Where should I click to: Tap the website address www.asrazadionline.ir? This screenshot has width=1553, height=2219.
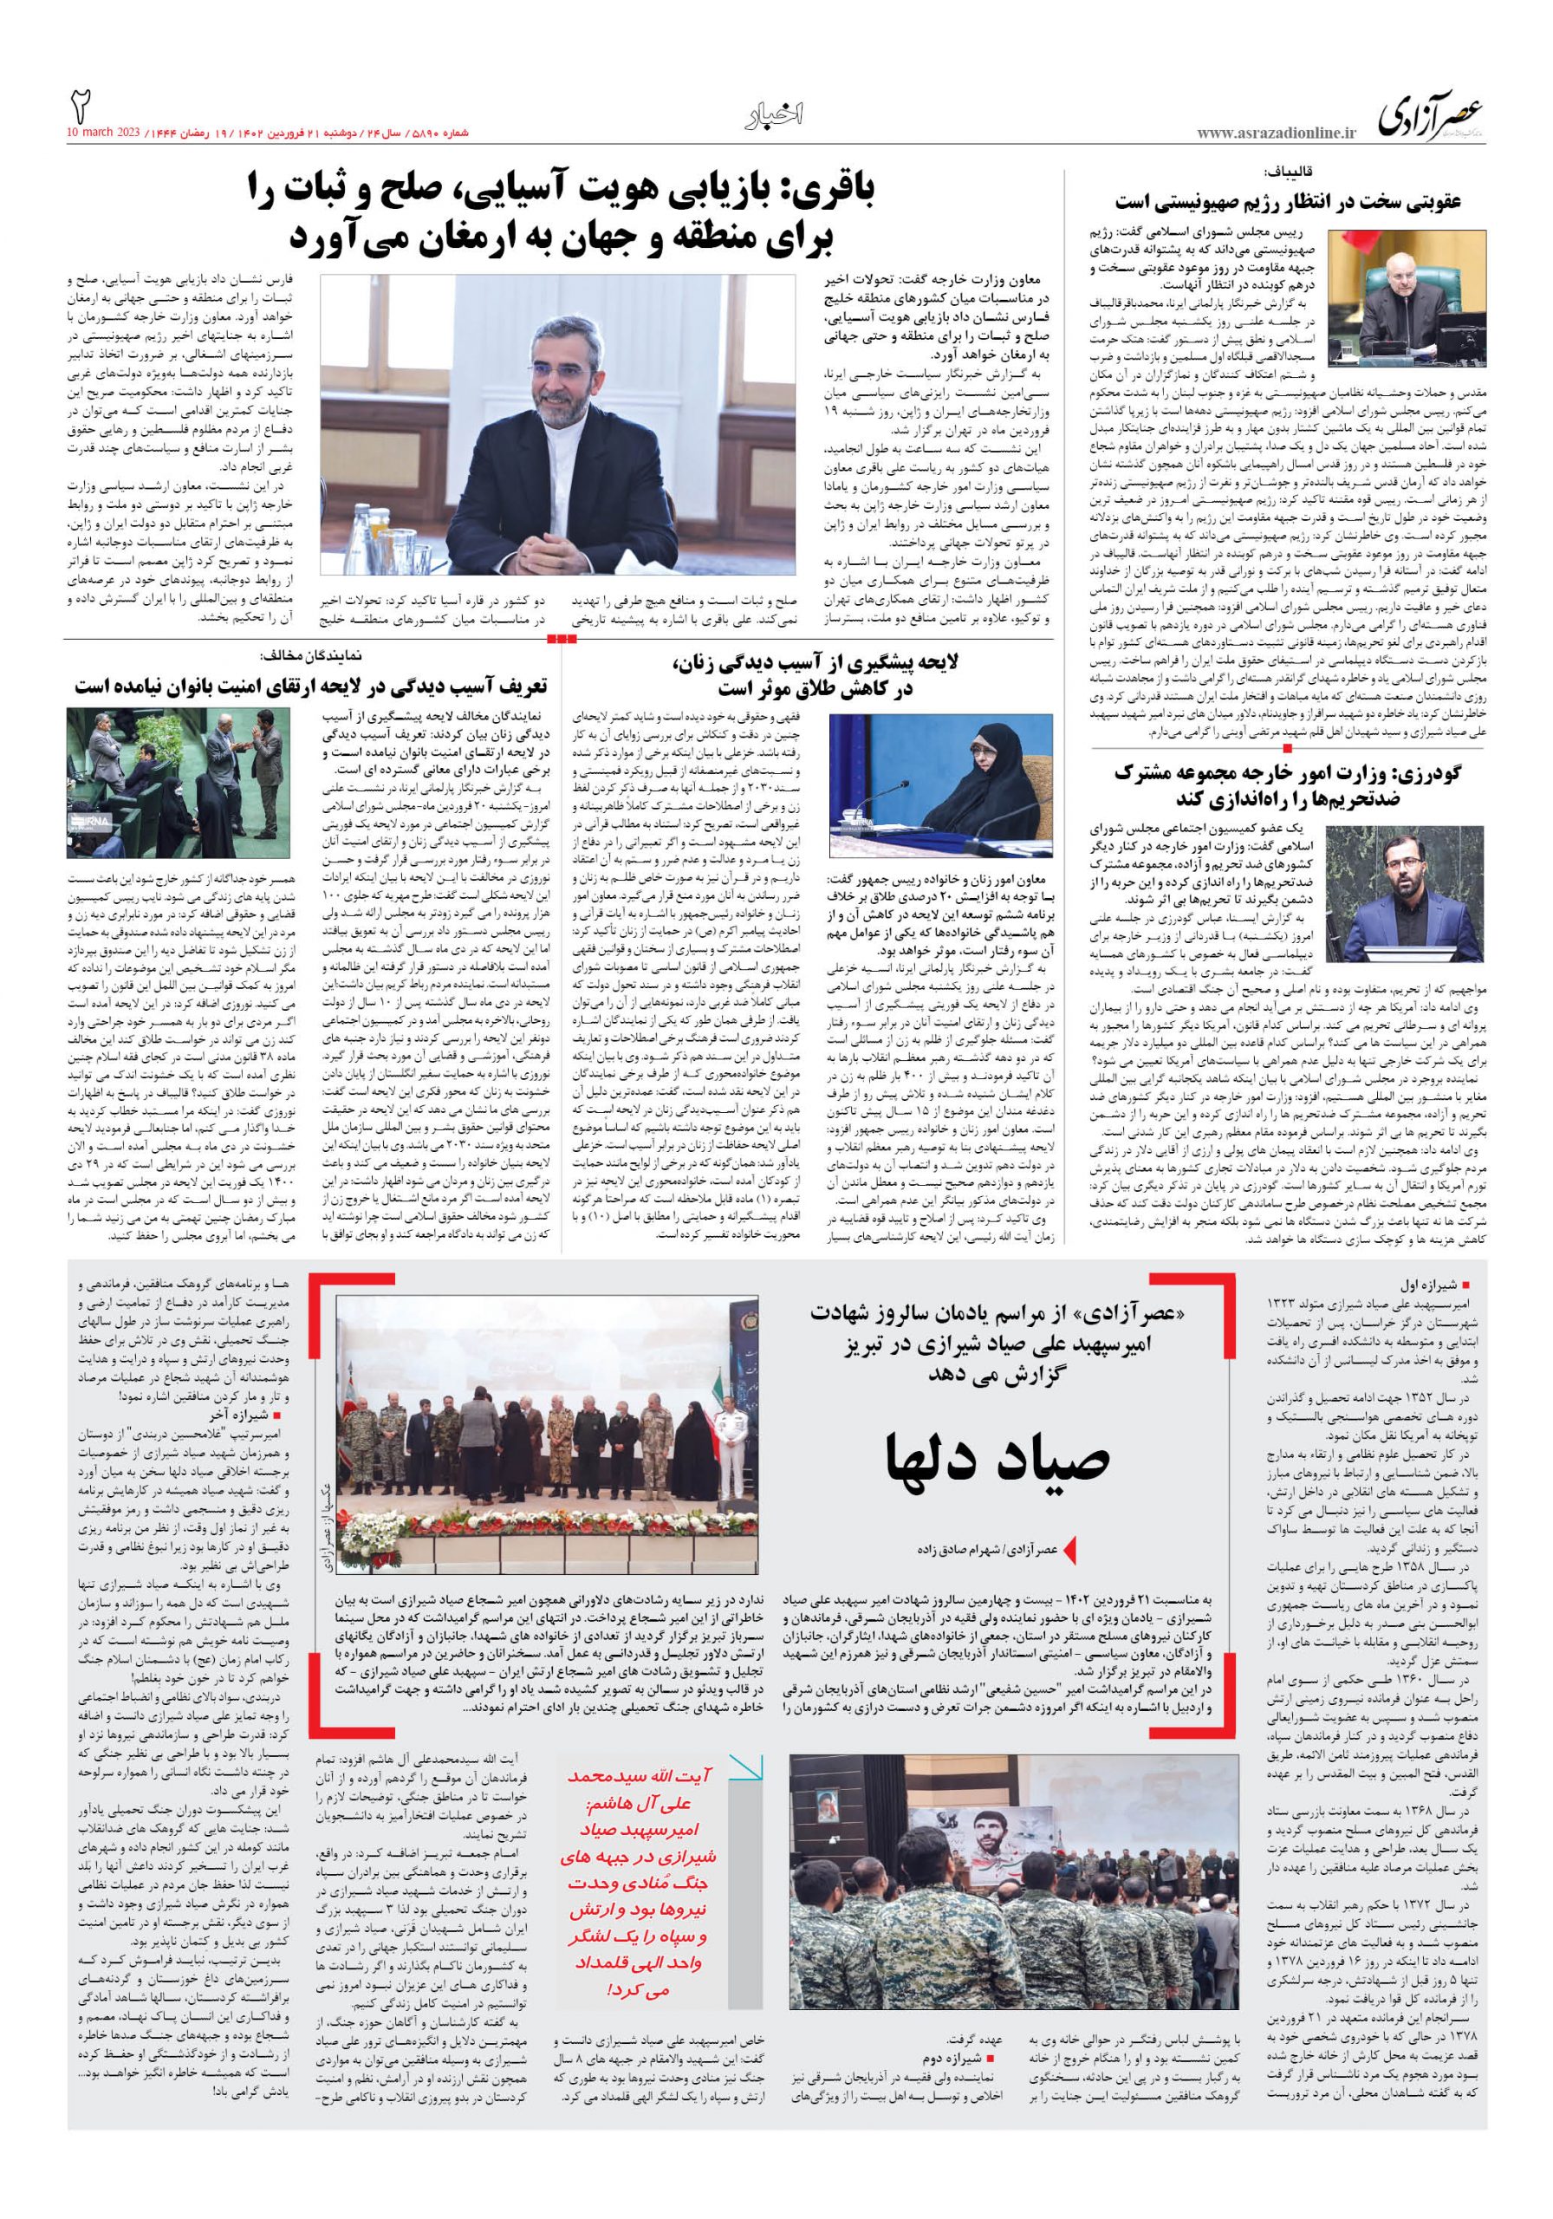(x=1276, y=133)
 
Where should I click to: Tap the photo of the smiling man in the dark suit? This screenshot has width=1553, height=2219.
(x=559, y=423)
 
